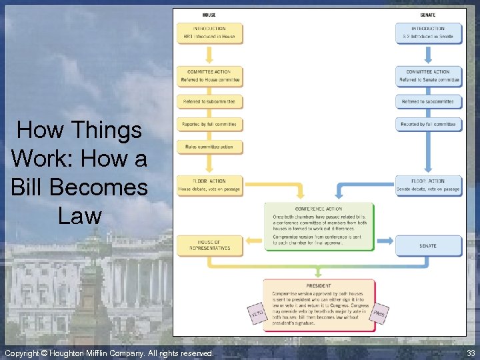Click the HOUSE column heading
(x=209, y=15)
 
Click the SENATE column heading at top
(x=428, y=15)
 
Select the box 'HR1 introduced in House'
(x=209, y=33)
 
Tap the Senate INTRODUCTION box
(x=428, y=33)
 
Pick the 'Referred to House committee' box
(x=209, y=76)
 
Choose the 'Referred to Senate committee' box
(x=429, y=76)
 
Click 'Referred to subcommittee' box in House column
(x=209, y=102)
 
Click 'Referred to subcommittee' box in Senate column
(x=429, y=102)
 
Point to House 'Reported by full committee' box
(x=209, y=125)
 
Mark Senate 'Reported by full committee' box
(x=429, y=125)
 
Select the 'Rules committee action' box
(x=209, y=147)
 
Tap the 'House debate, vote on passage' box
(x=209, y=185)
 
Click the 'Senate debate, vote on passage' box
(x=429, y=185)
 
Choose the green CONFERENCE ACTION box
(x=319, y=226)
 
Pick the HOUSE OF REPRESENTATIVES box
(x=209, y=245)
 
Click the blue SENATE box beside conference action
(x=429, y=245)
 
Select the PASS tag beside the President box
(x=379, y=313)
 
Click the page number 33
(x=471, y=353)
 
